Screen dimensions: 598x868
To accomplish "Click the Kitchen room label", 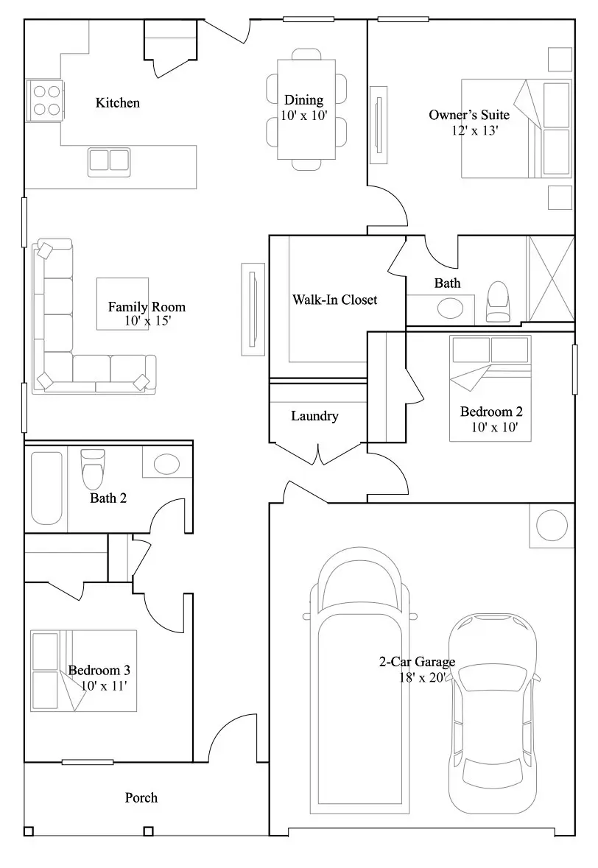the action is tap(117, 103).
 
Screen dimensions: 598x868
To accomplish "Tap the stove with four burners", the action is tap(46, 101).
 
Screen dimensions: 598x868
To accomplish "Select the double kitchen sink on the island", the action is tap(109, 161).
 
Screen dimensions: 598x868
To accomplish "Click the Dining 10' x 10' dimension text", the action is tap(304, 116).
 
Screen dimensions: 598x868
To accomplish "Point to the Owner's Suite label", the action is tap(469, 115).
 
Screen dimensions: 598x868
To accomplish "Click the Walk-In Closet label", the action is tap(335, 300).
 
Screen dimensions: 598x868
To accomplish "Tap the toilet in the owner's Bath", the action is tap(497, 302).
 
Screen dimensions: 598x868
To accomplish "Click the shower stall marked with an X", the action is tap(550, 279).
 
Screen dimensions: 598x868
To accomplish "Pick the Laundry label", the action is tap(314, 416).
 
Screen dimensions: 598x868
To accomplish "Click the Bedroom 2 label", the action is tap(491, 412).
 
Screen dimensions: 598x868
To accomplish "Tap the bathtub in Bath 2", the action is tap(46, 488).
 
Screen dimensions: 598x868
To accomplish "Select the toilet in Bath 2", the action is tap(93, 469).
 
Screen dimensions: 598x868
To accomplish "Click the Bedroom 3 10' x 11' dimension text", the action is tap(104, 686).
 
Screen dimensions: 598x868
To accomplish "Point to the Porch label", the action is tap(141, 798).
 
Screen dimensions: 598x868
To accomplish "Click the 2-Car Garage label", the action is tap(417, 662).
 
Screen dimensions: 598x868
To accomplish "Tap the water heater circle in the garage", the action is tap(552, 526).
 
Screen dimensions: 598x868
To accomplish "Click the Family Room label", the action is tap(147, 307).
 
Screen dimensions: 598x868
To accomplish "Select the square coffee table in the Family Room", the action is tap(122, 304).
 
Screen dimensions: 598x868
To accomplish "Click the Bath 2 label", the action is tap(108, 498).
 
